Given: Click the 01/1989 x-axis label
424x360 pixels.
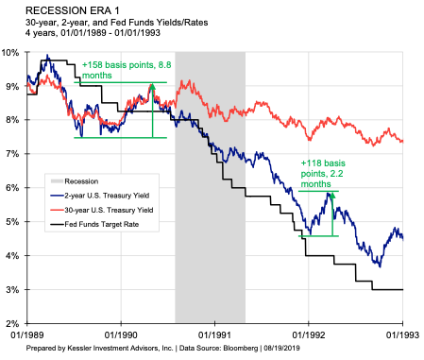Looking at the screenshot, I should [26, 334].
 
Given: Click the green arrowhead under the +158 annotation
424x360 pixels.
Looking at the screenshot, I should [152, 90].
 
